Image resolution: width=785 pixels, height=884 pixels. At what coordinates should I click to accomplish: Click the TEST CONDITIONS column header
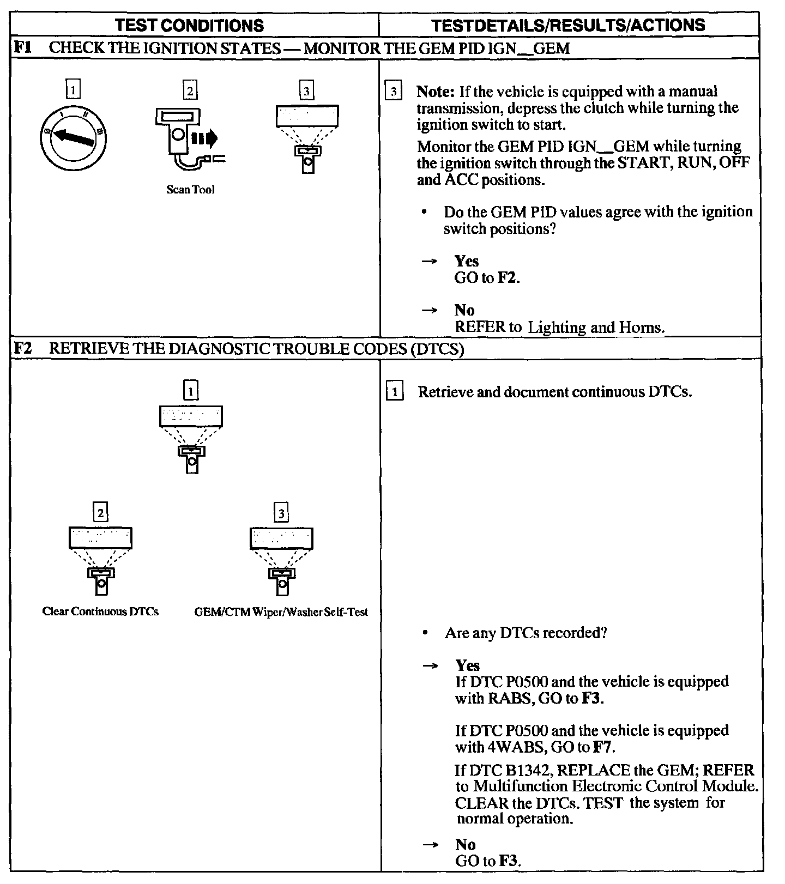[x=190, y=25]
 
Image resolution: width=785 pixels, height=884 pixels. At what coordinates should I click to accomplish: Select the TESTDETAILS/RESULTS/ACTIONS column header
[x=568, y=25]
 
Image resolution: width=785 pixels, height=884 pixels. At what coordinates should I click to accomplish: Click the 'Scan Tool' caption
[x=190, y=190]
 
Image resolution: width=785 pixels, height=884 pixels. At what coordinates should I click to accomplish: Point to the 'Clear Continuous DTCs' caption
[x=100, y=611]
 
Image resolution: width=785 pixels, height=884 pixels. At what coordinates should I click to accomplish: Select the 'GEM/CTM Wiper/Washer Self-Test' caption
[x=281, y=612]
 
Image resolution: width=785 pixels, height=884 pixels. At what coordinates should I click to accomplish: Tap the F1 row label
[x=22, y=48]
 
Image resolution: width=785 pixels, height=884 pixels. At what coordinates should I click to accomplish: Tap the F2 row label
[x=22, y=348]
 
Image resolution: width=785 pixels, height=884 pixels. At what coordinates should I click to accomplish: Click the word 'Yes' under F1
[x=467, y=261]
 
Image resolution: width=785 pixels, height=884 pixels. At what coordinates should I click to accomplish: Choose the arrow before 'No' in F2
[x=431, y=844]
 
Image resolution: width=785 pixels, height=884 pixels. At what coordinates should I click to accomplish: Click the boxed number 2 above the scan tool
[x=190, y=90]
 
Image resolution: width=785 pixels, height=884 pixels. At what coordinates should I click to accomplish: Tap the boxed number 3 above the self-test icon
[x=281, y=513]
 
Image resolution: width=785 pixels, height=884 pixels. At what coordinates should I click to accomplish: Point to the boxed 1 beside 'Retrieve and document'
[x=395, y=391]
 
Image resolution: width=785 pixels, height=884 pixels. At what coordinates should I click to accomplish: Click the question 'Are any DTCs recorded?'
[x=526, y=633]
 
